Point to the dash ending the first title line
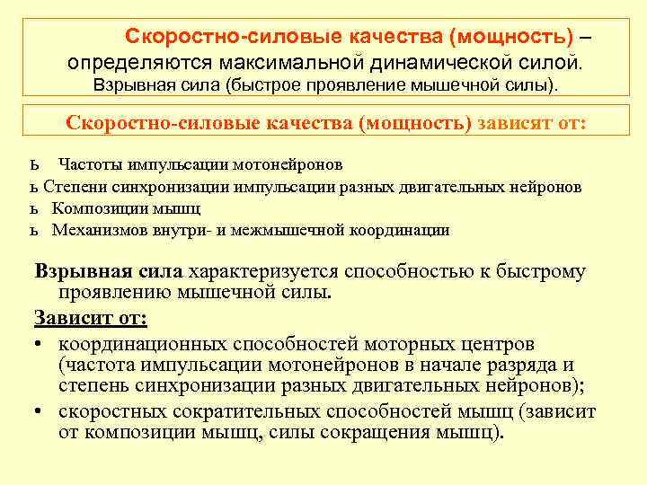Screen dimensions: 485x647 click(x=585, y=37)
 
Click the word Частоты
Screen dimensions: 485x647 click(x=89, y=164)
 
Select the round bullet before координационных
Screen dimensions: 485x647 click(x=40, y=343)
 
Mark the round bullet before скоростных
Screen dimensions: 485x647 click(x=40, y=410)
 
